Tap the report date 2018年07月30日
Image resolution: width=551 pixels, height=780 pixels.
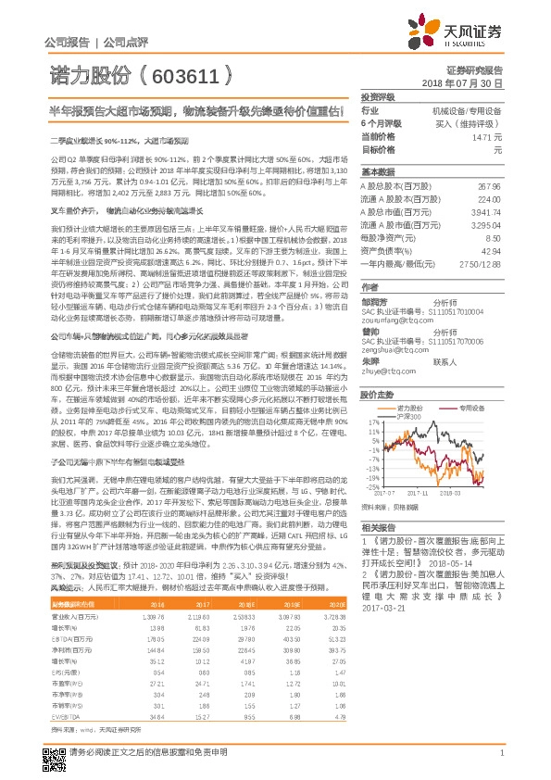click(x=469, y=83)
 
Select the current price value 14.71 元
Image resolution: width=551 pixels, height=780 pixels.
click(x=487, y=136)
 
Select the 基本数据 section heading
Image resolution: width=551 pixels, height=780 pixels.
click(x=378, y=173)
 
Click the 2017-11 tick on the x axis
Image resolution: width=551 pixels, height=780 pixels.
click(x=421, y=493)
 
